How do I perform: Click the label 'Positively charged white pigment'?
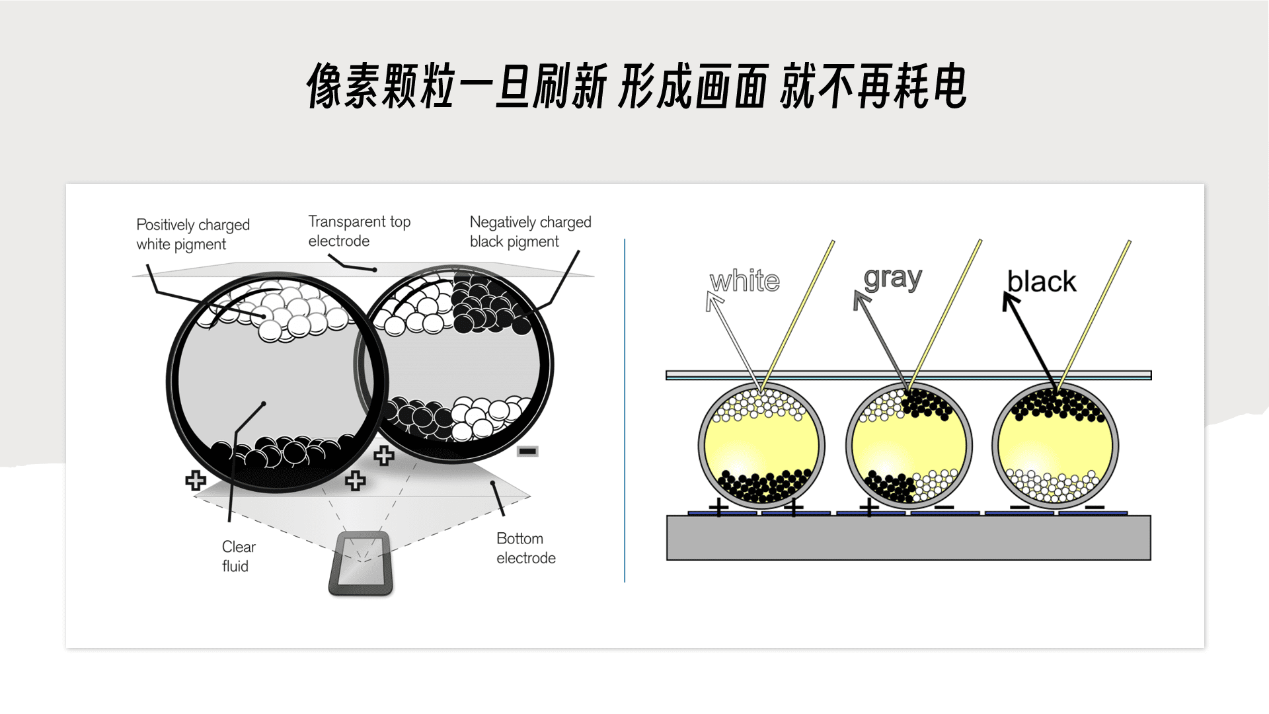click(192, 234)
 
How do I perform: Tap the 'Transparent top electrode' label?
click(359, 231)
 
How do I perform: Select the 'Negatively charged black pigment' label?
click(530, 231)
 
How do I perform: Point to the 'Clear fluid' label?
click(238, 556)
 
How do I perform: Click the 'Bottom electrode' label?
click(525, 548)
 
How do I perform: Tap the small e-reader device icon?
click(361, 563)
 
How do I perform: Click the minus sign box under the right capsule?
click(527, 452)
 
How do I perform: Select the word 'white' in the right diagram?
click(744, 281)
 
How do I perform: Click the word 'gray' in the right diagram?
click(892, 278)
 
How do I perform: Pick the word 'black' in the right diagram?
click(1041, 282)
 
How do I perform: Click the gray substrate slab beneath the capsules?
click(908, 538)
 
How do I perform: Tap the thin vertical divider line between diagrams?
click(625, 410)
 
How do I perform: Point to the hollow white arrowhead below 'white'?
click(713, 301)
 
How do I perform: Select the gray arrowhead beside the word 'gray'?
click(861, 300)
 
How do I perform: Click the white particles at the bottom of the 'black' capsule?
click(1055, 486)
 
